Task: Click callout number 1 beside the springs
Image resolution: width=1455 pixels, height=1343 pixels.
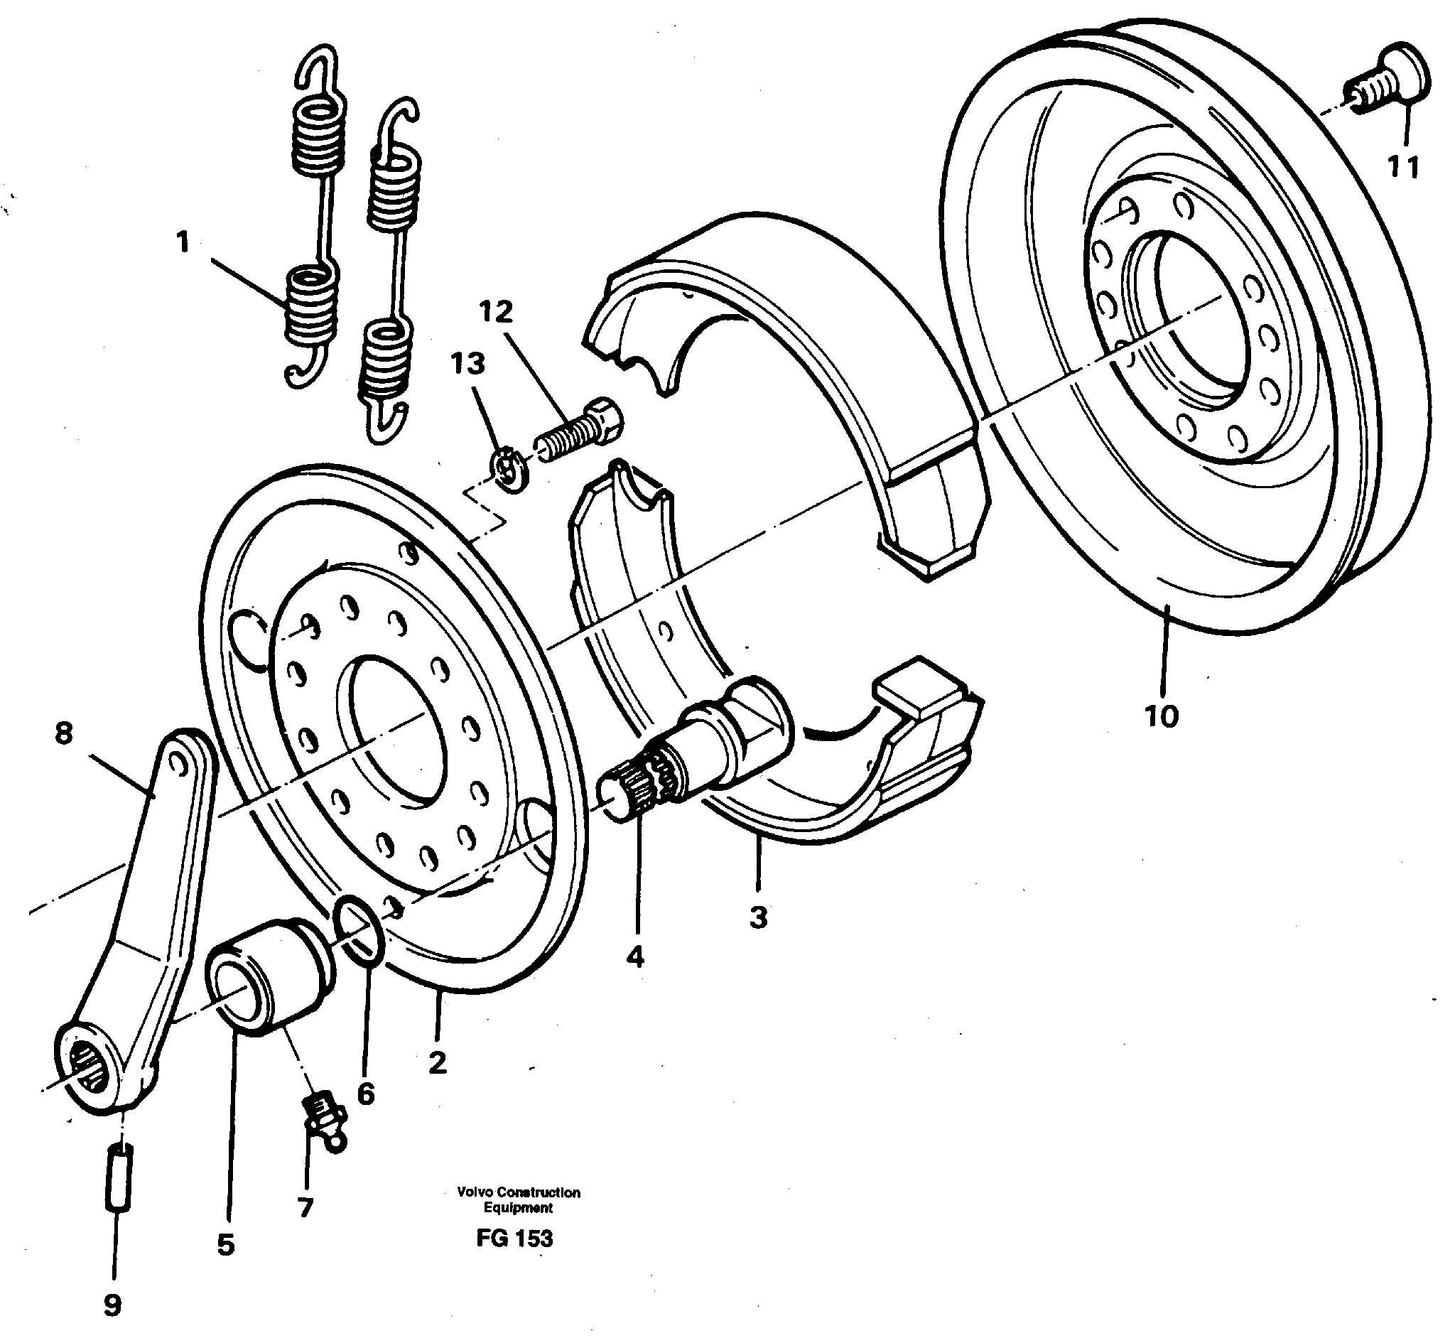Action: tap(183, 242)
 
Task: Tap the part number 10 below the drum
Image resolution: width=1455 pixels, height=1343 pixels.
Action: tap(1161, 716)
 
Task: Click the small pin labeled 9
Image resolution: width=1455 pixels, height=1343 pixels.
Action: tap(121, 1178)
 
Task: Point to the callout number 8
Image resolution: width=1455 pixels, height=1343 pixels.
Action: tap(64, 733)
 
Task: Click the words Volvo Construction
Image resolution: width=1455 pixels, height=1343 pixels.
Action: tap(518, 1192)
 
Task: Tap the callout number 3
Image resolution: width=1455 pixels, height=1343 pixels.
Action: tap(757, 917)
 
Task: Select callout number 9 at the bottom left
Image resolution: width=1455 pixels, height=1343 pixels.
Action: tap(112, 1305)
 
